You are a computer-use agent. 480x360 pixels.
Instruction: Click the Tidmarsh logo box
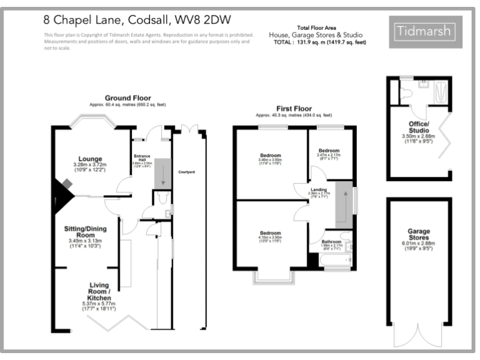pyautogui.click(x=425, y=32)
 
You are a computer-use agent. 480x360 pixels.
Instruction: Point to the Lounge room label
pyautogui.click(x=90, y=159)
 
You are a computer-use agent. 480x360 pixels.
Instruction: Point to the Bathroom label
pyautogui.click(x=331, y=241)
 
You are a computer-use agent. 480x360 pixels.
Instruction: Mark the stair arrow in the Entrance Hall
pyautogui.click(x=164, y=172)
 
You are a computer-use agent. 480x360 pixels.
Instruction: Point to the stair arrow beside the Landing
pyautogui.click(x=342, y=203)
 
